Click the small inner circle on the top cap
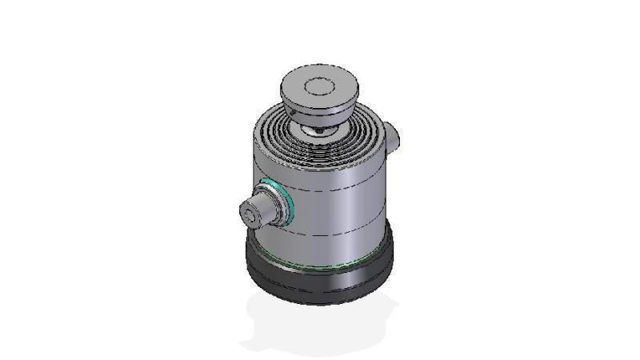[320, 83]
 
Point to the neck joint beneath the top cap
[320, 126]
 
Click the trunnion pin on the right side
[391, 135]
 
